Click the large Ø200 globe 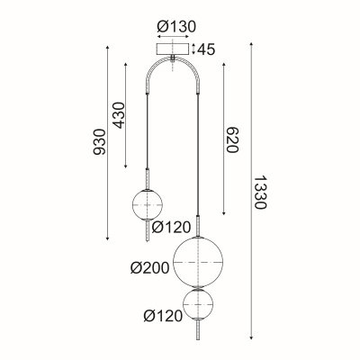tap(197, 260)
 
